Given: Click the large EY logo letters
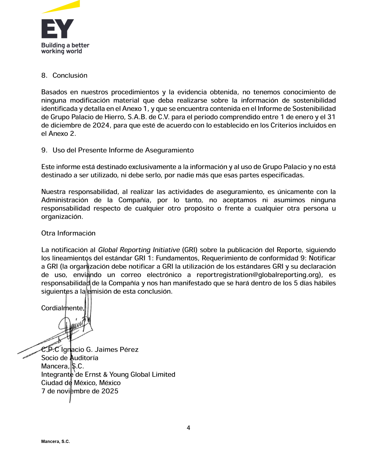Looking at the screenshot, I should pyautogui.click(x=58, y=29).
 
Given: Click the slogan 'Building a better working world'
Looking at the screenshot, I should pyautogui.click(x=65, y=48).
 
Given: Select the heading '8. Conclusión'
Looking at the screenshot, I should pyautogui.click(x=64, y=76).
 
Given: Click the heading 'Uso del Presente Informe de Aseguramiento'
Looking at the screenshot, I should pyautogui.click(x=123, y=150).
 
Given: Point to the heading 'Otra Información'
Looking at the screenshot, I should pyautogui.click(x=68, y=233).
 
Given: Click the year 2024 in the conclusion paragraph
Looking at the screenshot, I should pyautogui.click(x=101, y=125).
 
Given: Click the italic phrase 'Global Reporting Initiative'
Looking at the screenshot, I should pyautogui.click(x=139, y=250).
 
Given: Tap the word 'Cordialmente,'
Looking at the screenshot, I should pyautogui.click(x=63, y=308).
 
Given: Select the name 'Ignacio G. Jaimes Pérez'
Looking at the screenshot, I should pyautogui.click(x=100, y=350).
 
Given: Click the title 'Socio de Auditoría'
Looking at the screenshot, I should pyautogui.click(x=70, y=358).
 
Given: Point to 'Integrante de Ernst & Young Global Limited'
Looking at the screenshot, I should pyautogui.click(x=108, y=374).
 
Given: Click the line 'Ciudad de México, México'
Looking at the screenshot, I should pyautogui.click(x=81, y=383).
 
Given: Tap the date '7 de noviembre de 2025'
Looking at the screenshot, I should pyautogui.click(x=80, y=391).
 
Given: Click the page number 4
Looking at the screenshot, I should pyautogui.click(x=188, y=428).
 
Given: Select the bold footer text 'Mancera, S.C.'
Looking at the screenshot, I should pyautogui.click(x=56, y=442).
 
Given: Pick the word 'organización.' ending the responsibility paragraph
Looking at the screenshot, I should pyautogui.click(x=62, y=217).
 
